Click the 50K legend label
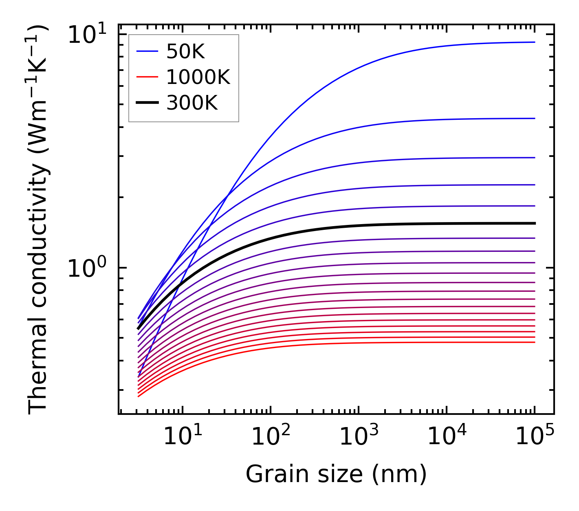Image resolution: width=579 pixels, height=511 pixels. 185,52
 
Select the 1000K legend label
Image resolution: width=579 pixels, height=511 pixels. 198,77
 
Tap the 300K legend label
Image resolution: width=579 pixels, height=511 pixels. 192,103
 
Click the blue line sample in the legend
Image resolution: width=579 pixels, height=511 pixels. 147,51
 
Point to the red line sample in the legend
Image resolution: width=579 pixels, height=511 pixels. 147,77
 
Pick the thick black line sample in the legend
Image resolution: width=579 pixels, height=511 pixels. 147,103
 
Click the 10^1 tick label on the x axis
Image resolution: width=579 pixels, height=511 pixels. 183,436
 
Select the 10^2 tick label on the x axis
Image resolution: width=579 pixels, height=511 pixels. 271,436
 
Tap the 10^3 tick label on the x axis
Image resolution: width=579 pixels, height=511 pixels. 359,436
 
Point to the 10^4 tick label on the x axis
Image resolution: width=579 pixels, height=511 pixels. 447,436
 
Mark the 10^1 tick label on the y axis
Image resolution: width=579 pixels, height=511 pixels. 87,35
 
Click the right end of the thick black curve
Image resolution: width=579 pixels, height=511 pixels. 535,223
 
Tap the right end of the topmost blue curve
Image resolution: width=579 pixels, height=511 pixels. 535,42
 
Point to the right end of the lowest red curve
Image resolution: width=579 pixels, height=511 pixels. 535,342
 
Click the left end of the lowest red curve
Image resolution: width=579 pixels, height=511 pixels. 139,396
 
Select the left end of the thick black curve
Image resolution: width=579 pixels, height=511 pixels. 139,328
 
